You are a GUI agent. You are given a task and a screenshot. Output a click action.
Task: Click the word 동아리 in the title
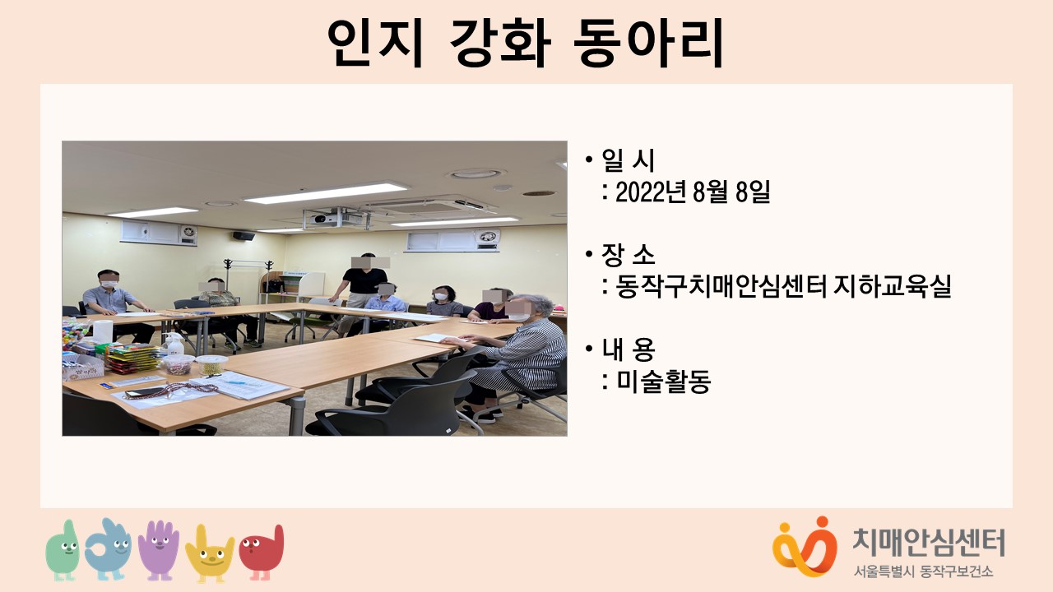(x=649, y=43)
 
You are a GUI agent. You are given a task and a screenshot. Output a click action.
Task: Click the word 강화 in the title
(x=500, y=43)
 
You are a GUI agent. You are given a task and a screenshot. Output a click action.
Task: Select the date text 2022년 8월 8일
(x=693, y=192)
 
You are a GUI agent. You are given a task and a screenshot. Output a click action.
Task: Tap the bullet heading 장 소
(x=628, y=254)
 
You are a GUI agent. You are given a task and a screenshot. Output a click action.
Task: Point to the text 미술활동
(x=663, y=381)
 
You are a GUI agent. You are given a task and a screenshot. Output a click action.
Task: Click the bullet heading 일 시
(x=628, y=160)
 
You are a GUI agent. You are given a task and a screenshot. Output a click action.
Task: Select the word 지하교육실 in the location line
(x=892, y=286)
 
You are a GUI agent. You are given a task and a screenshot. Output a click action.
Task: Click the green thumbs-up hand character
(x=64, y=550)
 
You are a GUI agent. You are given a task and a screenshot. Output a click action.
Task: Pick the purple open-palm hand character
(x=159, y=548)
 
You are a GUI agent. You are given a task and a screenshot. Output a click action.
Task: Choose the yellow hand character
(x=210, y=553)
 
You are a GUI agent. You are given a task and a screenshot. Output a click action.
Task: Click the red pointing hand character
(x=262, y=552)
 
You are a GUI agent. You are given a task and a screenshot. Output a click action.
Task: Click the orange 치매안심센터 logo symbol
(x=805, y=546)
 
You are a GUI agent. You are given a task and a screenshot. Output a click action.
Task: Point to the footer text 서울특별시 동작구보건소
(x=923, y=571)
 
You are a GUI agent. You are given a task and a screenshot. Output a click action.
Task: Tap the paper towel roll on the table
(x=103, y=331)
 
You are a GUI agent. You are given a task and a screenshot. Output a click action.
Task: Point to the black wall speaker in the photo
(x=244, y=236)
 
